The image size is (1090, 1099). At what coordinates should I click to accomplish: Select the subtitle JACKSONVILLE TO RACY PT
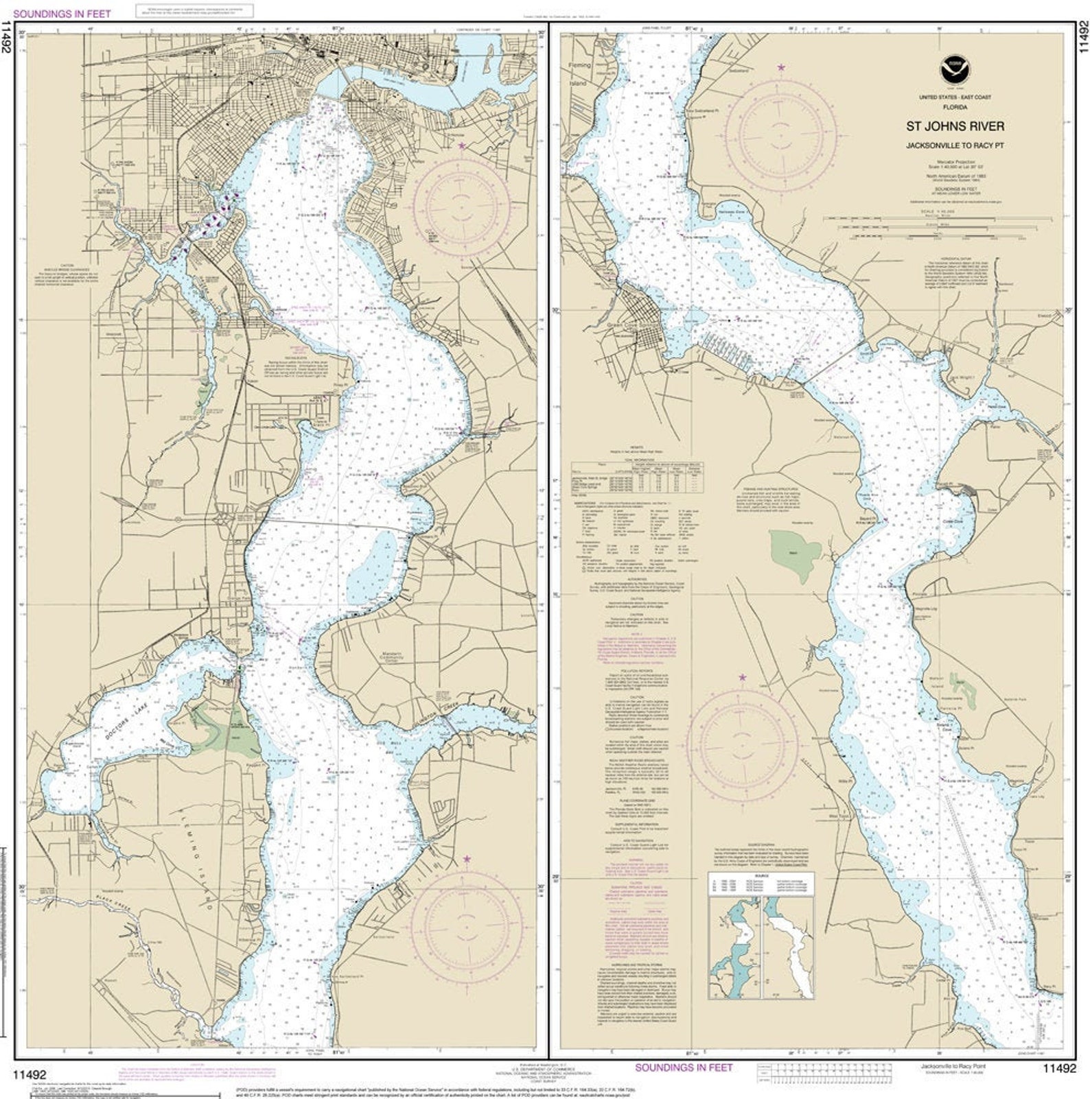[955, 145]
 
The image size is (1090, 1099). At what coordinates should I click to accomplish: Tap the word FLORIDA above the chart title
[955, 108]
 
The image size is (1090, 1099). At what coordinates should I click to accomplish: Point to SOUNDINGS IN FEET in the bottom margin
[683, 1067]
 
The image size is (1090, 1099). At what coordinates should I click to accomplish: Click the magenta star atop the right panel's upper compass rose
[780, 67]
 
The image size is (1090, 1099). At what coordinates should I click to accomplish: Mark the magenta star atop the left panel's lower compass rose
[467, 858]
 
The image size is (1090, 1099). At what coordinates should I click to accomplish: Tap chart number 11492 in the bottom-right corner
[1058, 1068]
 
